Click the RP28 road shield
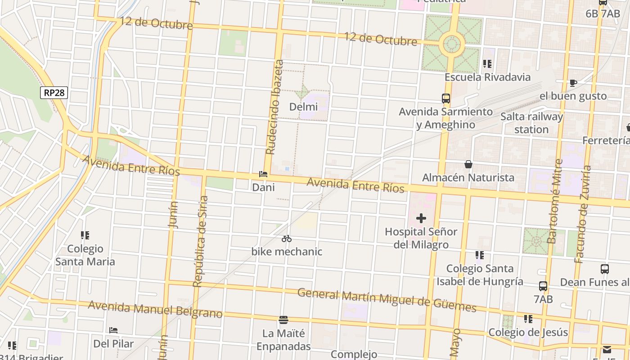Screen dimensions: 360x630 54,93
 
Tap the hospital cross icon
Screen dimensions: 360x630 421,219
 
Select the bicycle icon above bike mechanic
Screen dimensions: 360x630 287,238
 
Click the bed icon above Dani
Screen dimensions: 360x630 263,174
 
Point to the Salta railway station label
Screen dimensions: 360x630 531,123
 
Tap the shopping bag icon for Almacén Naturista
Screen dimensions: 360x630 468,165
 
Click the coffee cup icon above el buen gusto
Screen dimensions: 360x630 573,83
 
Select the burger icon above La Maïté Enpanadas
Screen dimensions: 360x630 283,320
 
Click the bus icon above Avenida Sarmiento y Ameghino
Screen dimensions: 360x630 445,98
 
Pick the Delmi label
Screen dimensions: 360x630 303,107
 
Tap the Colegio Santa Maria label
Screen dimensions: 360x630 85,255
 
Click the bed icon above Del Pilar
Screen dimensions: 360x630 113,330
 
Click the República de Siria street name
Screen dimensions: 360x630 201,241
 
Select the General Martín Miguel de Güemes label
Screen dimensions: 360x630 387,300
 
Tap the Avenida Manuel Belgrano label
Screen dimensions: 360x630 155,309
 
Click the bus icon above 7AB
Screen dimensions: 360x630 543,286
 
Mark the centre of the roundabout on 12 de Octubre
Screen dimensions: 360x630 453,44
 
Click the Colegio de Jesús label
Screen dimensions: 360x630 528,332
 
